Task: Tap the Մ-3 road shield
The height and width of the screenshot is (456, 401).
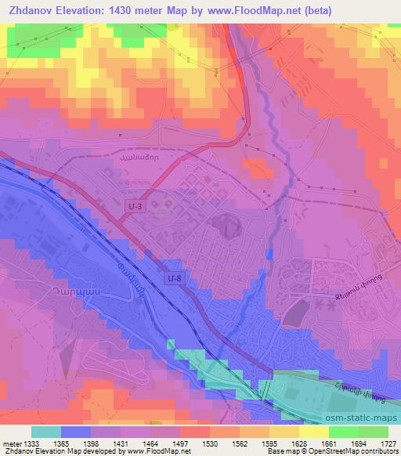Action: click(x=135, y=205)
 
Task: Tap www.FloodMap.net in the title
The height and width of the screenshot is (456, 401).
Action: click(x=255, y=11)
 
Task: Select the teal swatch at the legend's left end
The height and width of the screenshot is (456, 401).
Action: click(x=46, y=432)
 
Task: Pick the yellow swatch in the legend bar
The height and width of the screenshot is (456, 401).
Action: click(x=314, y=432)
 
